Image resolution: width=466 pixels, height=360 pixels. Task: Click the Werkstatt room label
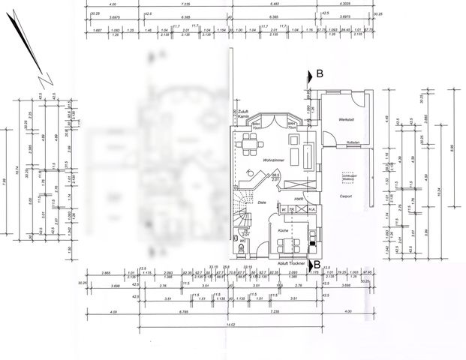coord(346,119)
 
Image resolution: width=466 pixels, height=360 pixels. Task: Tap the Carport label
coord(346,196)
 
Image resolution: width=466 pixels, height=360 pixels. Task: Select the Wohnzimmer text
coord(272,160)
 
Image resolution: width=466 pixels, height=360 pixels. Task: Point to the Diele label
coord(263,202)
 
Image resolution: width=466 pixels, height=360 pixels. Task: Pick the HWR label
coord(298,198)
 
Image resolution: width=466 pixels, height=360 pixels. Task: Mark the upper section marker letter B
coord(319,73)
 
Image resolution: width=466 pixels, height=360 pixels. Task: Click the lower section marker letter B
coord(317,264)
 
